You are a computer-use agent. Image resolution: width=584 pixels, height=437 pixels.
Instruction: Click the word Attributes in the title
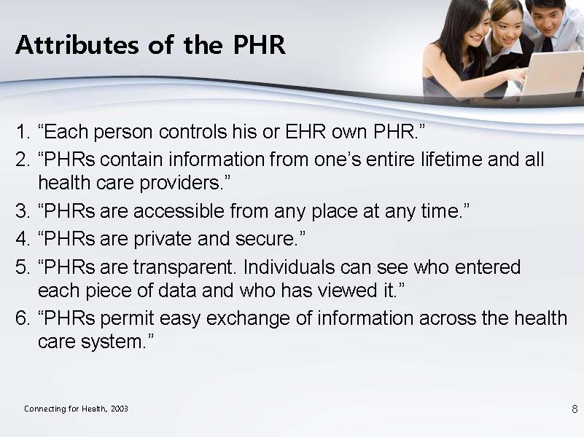point(77,45)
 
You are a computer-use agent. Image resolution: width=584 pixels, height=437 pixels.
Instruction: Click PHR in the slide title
point(260,45)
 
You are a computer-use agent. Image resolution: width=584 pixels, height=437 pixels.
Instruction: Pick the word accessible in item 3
point(179,211)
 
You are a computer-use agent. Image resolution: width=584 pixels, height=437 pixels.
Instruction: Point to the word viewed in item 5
point(348,290)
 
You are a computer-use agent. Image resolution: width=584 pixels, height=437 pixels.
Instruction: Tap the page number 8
point(575,409)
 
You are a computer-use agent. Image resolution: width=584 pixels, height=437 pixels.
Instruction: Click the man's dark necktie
point(547,44)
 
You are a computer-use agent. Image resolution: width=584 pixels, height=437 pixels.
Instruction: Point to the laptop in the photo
point(553,74)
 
